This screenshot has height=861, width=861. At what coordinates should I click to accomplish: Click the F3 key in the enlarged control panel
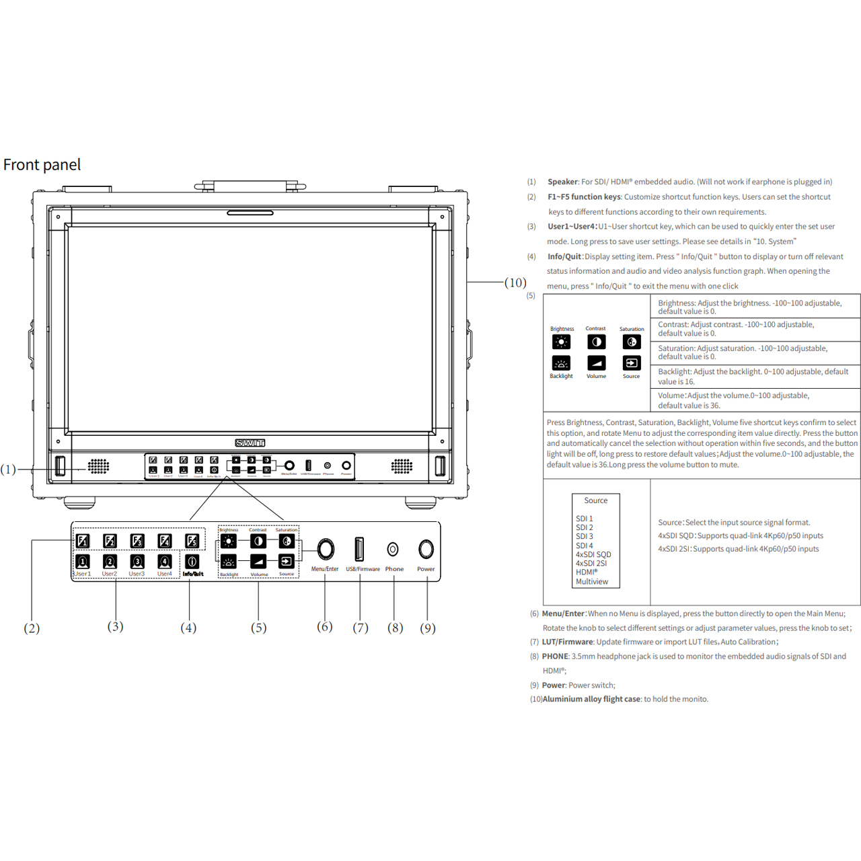pos(137,541)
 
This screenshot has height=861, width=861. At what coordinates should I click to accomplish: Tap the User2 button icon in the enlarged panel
pos(110,562)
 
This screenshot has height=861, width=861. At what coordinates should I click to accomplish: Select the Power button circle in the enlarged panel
pos(426,550)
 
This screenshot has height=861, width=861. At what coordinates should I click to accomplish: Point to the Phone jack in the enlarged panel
pos(393,550)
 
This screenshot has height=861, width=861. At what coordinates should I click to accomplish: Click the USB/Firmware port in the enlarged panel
pos(359,550)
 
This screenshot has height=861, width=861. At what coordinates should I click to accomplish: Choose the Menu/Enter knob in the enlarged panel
pos(326,550)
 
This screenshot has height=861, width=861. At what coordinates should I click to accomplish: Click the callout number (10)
pos(515,283)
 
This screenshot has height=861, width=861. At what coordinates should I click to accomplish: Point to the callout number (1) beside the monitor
pos(8,470)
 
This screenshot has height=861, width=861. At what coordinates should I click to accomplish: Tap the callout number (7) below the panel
pos(361,628)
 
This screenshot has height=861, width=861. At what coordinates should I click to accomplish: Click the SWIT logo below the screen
pos(250,443)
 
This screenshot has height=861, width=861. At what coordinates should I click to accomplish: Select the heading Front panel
pos(42,165)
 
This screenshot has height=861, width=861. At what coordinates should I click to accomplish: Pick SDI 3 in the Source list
pos(585,536)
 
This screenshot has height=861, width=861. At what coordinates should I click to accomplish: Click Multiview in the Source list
pos(592,582)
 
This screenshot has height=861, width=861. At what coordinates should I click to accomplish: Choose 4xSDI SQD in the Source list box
pos(593,554)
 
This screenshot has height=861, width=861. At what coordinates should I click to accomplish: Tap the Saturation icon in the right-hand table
pos(632,342)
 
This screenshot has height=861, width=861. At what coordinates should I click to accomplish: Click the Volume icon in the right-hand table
pos(596,363)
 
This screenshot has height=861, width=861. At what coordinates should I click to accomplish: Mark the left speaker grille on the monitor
pos(98,466)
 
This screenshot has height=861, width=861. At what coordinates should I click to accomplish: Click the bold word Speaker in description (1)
pos(562,182)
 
